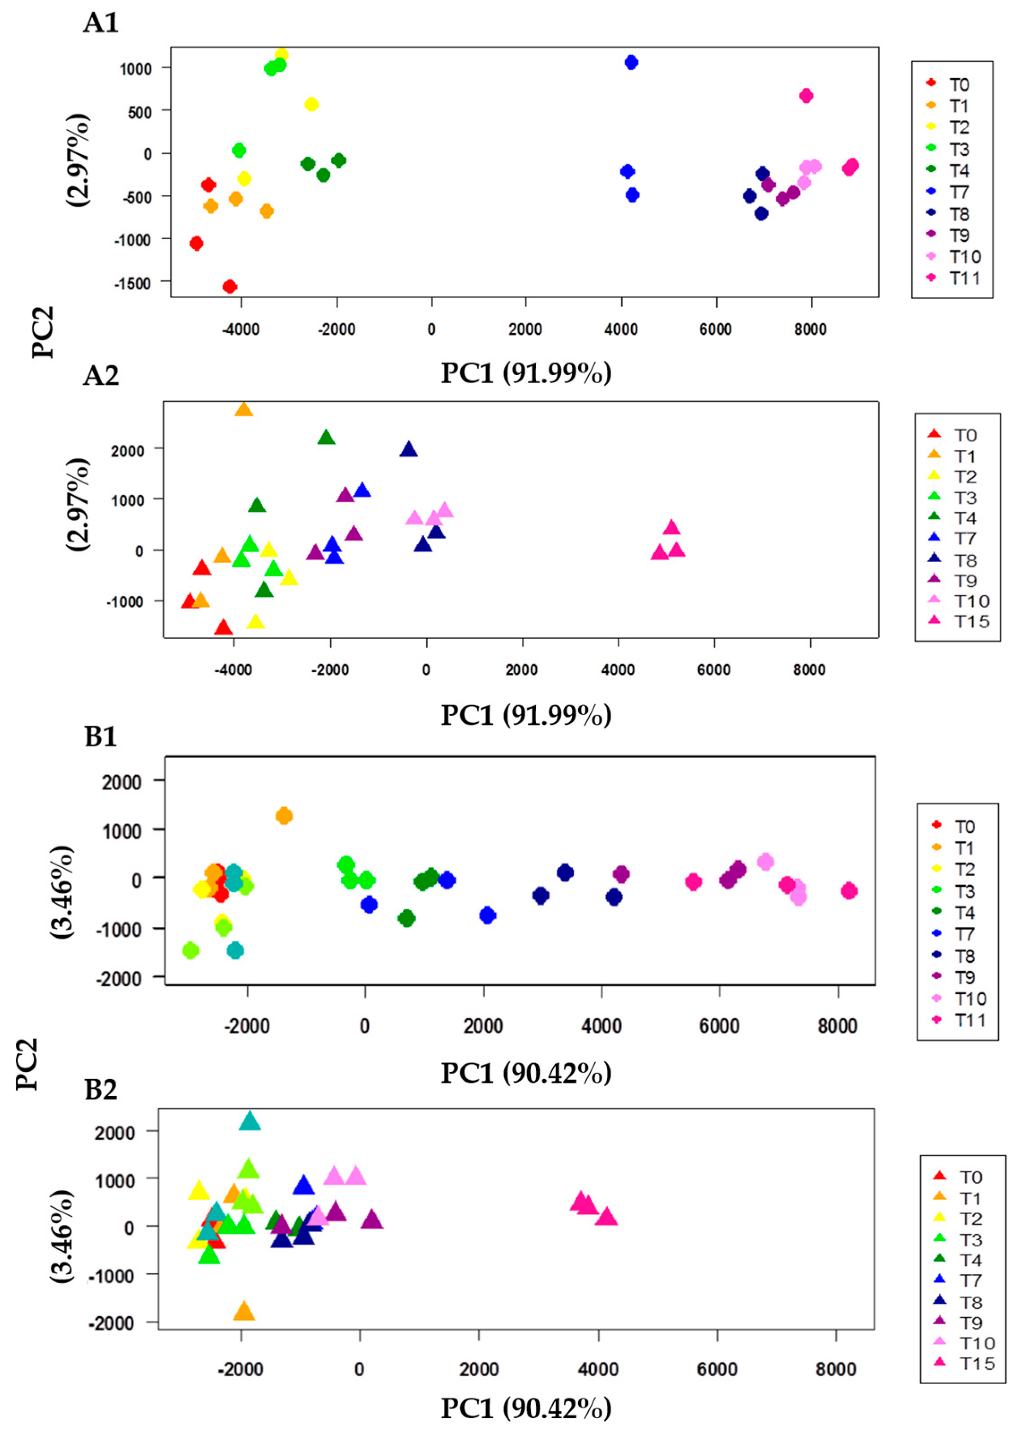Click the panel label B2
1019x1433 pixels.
point(101,1090)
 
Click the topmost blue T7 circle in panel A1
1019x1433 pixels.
point(631,62)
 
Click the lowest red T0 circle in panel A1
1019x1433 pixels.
point(230,287)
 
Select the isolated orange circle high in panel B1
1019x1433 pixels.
point(284,816)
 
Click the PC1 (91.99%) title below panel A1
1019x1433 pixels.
point(526,373)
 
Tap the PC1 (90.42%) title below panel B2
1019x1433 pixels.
point(526,1408)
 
